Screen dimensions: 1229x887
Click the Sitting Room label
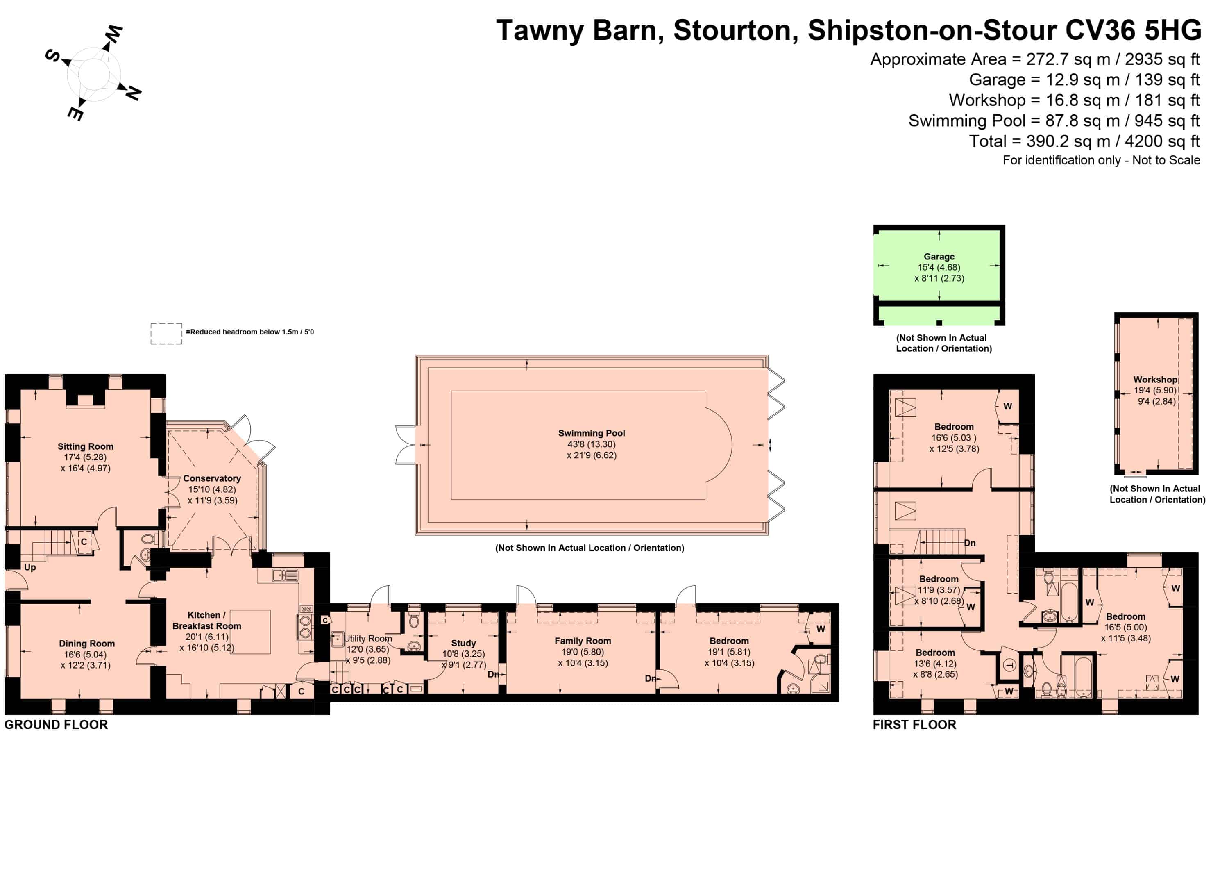coord(86,446)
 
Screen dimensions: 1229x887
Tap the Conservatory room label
coord(212,478)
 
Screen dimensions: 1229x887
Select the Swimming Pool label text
coord(592,433)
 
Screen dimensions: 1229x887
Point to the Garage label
coord(939,257)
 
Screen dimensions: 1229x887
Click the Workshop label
coord(1155,380)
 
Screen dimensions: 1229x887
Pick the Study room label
coord(463,643)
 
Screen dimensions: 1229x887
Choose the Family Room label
coord(583,641)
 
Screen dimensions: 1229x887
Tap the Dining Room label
coord(87,644)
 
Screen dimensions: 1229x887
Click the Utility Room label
coord(368,639)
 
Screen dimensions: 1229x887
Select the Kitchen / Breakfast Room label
coord(206,620)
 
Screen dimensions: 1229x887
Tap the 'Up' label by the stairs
coord(30,567)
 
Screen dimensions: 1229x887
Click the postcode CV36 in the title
coord(1100,30)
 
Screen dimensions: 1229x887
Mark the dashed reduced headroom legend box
coord(166,333)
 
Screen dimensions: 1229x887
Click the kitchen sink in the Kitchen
coord(285,575)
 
